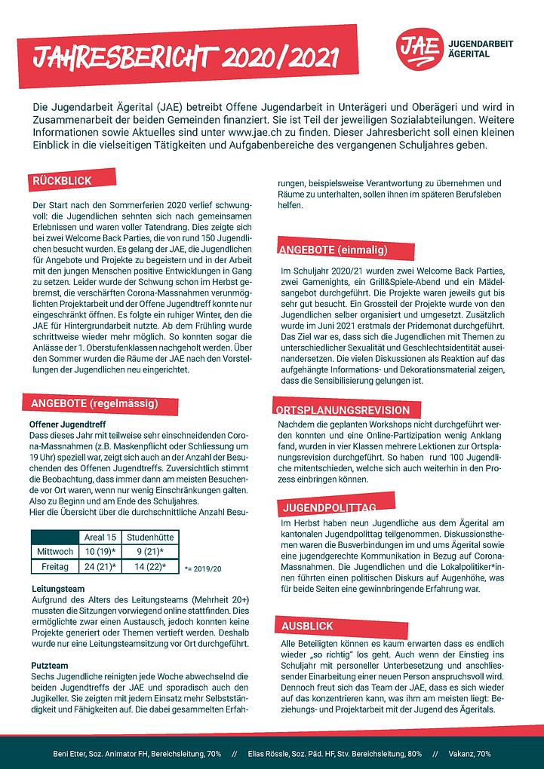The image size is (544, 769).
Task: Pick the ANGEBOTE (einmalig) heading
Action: click(x=334, y=250)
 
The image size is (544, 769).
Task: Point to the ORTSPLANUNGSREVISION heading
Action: click(x=344, y=412)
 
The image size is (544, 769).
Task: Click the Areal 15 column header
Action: click(x=100, y=537)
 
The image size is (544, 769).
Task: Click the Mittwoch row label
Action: click(x=54, y=551)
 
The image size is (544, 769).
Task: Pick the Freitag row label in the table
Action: click(x=54, y=565)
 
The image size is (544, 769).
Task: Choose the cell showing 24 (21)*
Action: click(x=100, y=565)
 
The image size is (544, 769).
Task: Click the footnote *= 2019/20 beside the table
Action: click(x=202, y=567)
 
